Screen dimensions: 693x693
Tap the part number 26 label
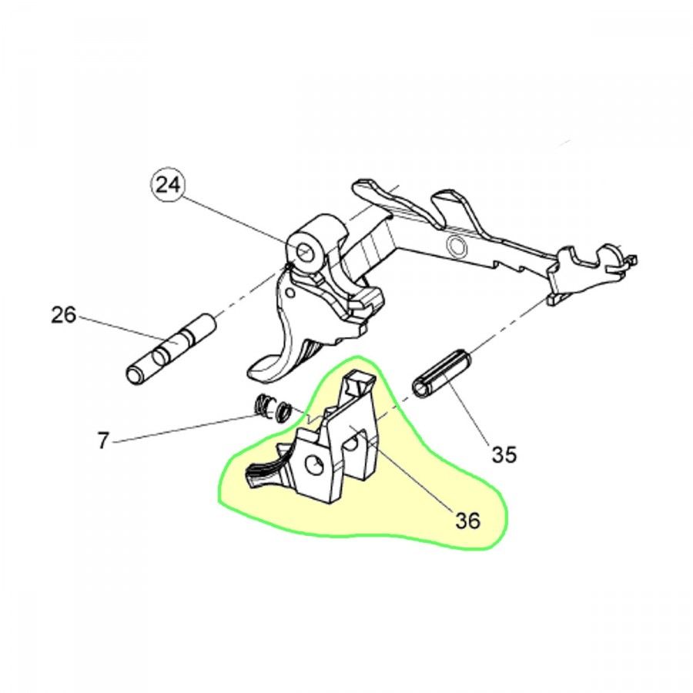tap(64, 316)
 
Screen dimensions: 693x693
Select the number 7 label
tap(102, 440)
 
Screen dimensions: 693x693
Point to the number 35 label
tap(504, 454)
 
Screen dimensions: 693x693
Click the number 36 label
tap(468, 521)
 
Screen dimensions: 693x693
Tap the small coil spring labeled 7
tap(272, 408)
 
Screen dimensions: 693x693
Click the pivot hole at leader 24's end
tap(304, 253)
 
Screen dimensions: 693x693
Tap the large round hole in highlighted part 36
tap(314, 467)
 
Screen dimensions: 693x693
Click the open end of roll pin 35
tap(420, 387)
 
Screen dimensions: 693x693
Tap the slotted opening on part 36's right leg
tap(352, 444)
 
